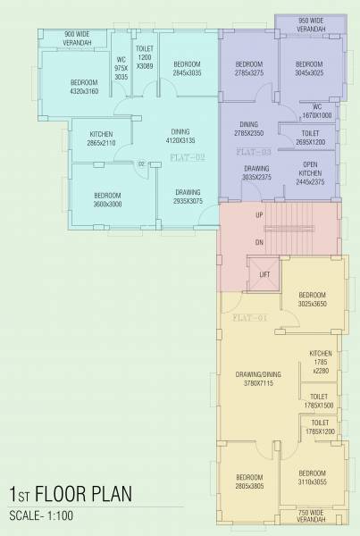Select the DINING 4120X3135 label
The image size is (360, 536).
point(180,136)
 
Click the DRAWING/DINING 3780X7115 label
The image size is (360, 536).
point(253,378)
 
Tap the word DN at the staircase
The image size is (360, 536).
point(259,242)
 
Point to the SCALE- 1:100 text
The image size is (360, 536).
point(48,517)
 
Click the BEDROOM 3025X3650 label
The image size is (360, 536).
point(313,299)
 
